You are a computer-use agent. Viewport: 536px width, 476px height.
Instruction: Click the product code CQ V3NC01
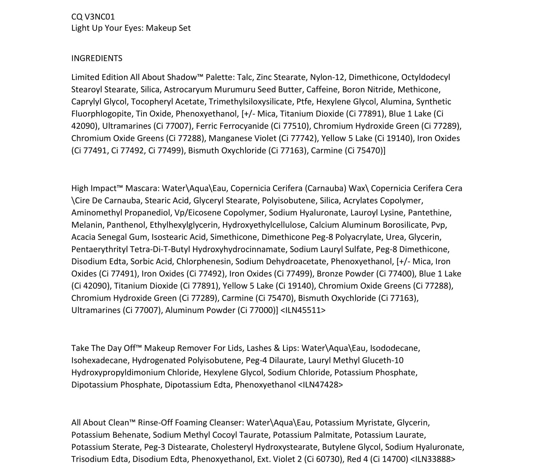point(93,17)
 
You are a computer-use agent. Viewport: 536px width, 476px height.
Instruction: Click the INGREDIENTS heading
point(97,58)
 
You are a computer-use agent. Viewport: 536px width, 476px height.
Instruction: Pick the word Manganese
point(228,138)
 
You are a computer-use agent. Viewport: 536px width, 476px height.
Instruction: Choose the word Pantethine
point(429,213)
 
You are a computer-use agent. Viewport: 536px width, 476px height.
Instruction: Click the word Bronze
point(330,274)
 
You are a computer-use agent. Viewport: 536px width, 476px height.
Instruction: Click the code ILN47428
point(320,385)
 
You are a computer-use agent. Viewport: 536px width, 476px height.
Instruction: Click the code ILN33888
point(433,459)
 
